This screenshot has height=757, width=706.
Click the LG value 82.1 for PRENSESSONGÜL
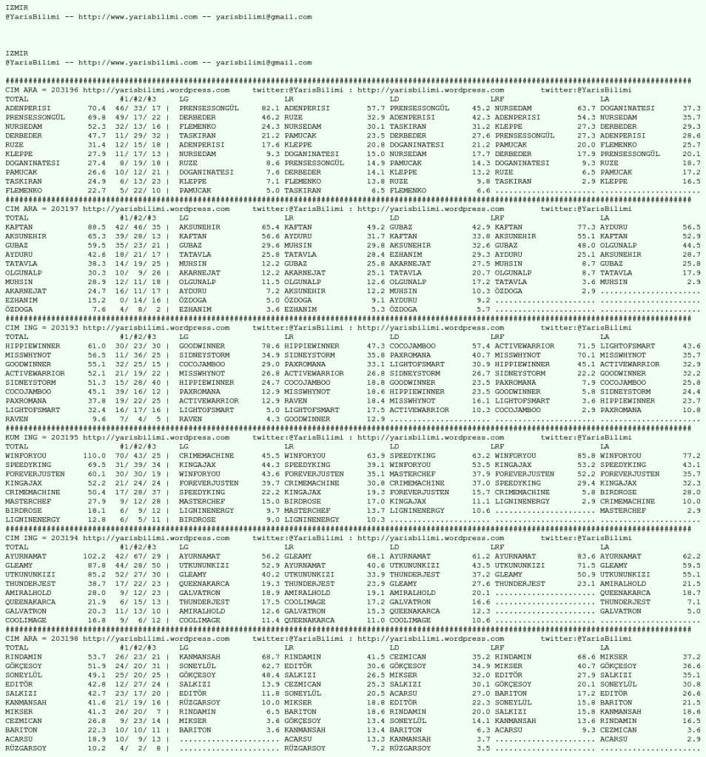270,108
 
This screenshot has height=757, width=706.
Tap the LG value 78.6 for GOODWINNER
270,346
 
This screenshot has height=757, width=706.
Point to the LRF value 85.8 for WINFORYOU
586,456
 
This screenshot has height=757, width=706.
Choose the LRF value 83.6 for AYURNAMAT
586,556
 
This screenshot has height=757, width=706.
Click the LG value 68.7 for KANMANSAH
270,656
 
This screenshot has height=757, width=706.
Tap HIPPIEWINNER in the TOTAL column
32,346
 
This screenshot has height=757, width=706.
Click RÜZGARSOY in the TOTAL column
26,747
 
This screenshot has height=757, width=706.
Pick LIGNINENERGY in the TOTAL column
32,519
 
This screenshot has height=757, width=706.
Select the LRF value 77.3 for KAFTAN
586,227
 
